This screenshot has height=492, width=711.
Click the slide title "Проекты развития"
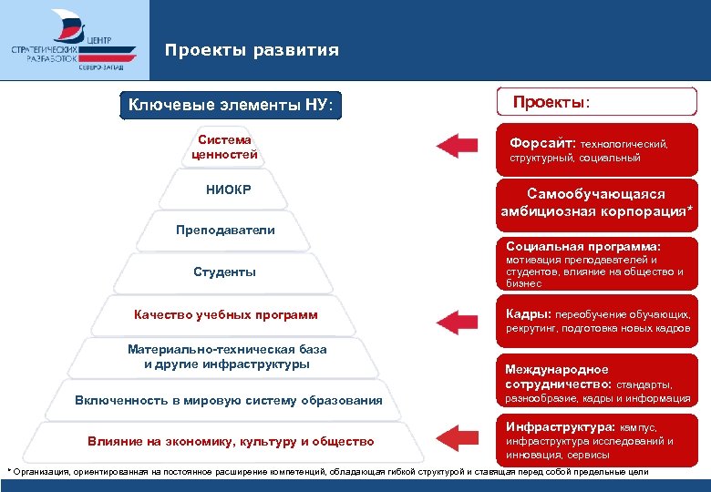(252, 50)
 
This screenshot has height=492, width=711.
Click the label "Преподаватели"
(225, 230)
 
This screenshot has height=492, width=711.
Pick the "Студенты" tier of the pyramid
(224, 272)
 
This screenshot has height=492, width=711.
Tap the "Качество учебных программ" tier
(225, 314)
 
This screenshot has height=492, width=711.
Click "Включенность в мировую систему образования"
(228, 401)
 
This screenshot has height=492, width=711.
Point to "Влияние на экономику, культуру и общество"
(230, 442)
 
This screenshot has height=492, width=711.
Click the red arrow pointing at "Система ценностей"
(456, 146)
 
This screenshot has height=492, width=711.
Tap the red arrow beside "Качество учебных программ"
(456, 320)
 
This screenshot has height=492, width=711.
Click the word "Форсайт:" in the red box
(542, 143)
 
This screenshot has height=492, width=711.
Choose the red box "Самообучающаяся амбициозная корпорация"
(596, 202)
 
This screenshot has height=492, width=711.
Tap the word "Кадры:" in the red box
(528, 313)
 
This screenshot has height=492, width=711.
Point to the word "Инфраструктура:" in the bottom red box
(560, 425)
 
